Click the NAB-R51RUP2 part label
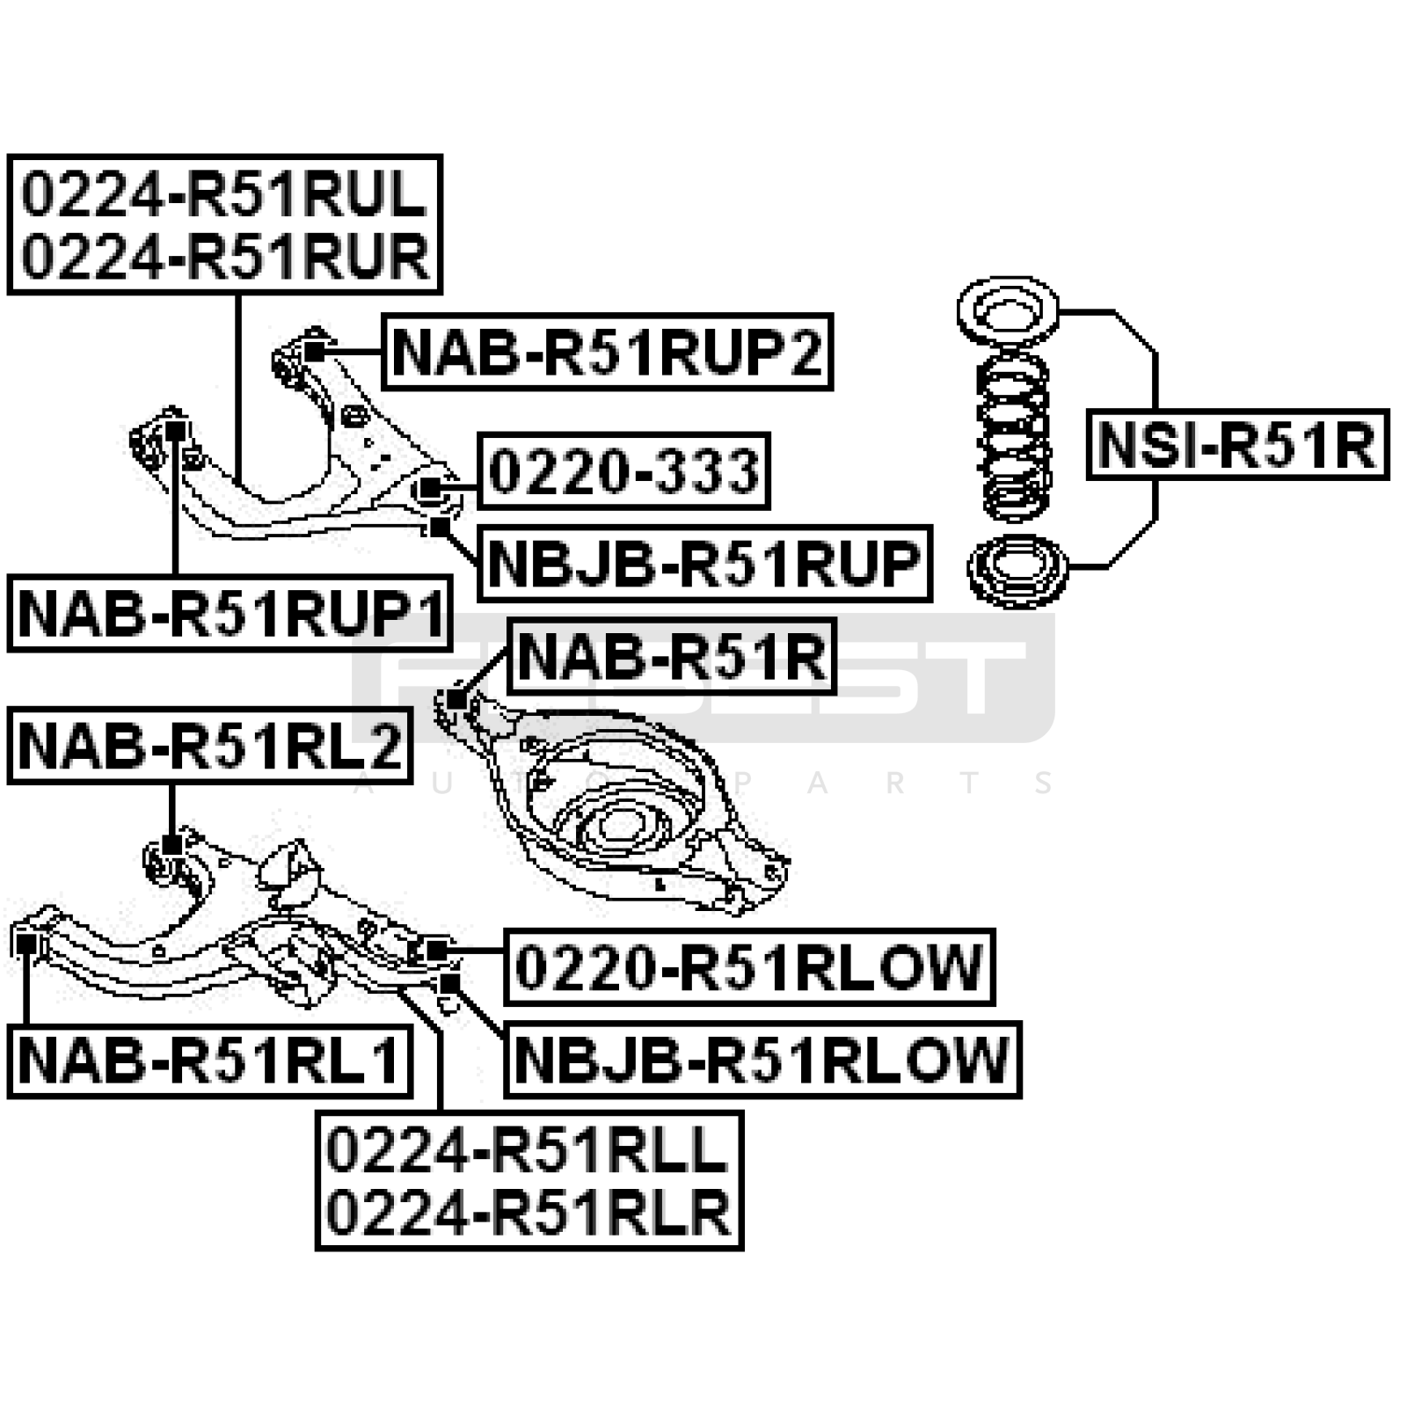tap(607, 352)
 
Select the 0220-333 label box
tap(623, 470)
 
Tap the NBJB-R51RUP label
tap(703, 564)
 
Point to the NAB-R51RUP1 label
tap(230, 614)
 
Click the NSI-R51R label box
tap(1236, 444)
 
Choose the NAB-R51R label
tap(672, 656)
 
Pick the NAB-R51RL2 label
tap(209, 746)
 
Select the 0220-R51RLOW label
tap(748, 966)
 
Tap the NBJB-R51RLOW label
tap(762, 1060)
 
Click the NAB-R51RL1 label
tap(209, 1060)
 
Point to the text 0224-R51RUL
tap(224, 194)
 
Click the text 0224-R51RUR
tap(224, 257)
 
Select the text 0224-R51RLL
tap(528, 1149)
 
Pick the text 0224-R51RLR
tap(528, 1213)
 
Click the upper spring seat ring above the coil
tap(1008, 311)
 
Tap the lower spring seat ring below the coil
tap(1017, 570)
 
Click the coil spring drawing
tap(1013, 437)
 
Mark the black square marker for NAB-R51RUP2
tap(314, 350)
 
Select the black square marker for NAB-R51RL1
tap(26, 944)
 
